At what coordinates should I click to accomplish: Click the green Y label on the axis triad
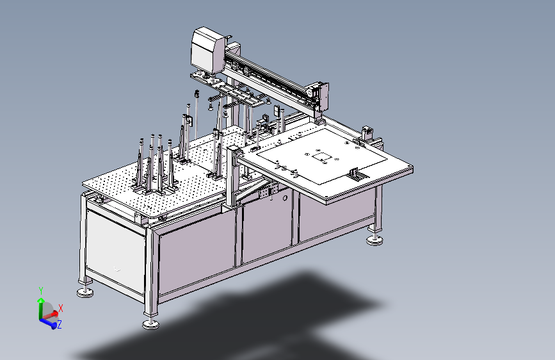coord(41,291)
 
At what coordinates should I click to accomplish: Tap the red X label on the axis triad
coord(61,308)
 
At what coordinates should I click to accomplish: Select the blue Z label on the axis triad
coord(60,324)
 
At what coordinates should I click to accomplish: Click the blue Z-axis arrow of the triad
coord(49,323)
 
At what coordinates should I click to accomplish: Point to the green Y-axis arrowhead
coord(41,301)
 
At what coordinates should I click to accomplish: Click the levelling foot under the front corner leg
coord(150,324)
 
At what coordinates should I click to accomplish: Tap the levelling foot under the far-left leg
coord(85,292)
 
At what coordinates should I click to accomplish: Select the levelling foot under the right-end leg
coord(374,241)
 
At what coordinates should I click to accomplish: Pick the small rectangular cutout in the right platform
coord(323,157)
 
